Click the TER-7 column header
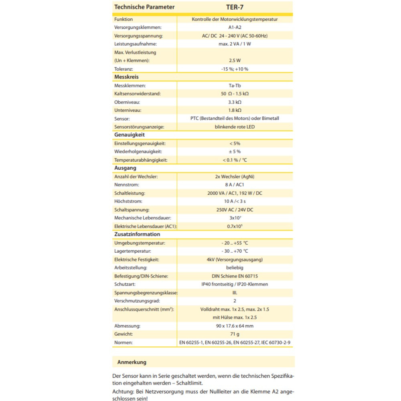point(235,7)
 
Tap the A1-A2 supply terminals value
point(235,28)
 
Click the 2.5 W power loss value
point(235,61)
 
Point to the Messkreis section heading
point(126,77)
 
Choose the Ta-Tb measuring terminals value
point(235,85)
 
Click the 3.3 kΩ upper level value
point(235,102)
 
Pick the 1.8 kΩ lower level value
point(235,110)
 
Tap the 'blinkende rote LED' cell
point(235,127)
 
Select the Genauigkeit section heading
point(130,135)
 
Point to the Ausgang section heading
point(125,168)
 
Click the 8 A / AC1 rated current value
point(235,185)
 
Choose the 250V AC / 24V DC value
point(235,210)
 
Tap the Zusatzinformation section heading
point(137,235)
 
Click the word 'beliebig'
point(235,267)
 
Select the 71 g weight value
point(235,334)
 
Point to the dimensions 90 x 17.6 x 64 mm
point(235,326)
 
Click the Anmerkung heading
point(132,362)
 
